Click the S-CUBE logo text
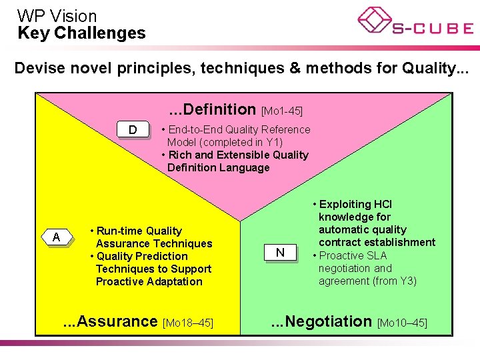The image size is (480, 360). pos(432,28)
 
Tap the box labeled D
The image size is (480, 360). pos(133,129)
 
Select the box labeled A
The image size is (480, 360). pos(57,237)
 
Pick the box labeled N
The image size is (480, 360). pos(280,252)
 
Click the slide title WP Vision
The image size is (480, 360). pos(57,15)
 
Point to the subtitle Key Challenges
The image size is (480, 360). pos(81,33)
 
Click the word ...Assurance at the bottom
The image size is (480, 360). pos(110,321)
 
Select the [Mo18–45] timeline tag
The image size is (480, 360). pos(188,323)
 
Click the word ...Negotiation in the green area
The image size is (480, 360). pos(321,321)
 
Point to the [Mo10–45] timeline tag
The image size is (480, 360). pos(402,323)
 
